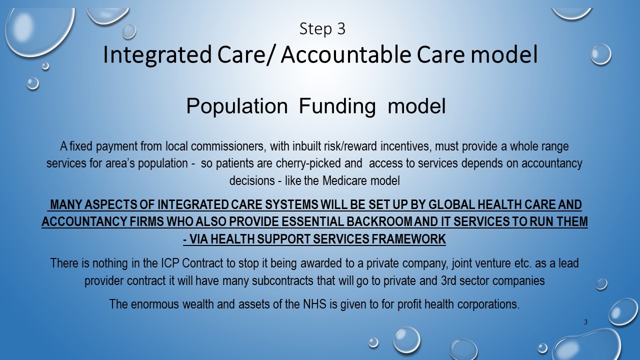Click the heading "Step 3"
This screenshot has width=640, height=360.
pyautogui.click(x=322, y=29)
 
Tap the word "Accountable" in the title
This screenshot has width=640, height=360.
pyautogui.click(x=346, y=54)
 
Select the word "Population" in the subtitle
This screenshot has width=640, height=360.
pyautogui.click(x=237, y=106)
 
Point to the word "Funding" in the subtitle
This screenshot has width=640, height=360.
pyautogui.click(x=337, y=106)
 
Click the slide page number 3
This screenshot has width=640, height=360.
pyautogui.click(x=585, y=322)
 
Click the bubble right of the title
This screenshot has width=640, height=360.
pyautogui.click(x=601, y=54)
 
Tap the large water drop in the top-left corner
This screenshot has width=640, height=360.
pyautogui.click(x=39, y=30)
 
